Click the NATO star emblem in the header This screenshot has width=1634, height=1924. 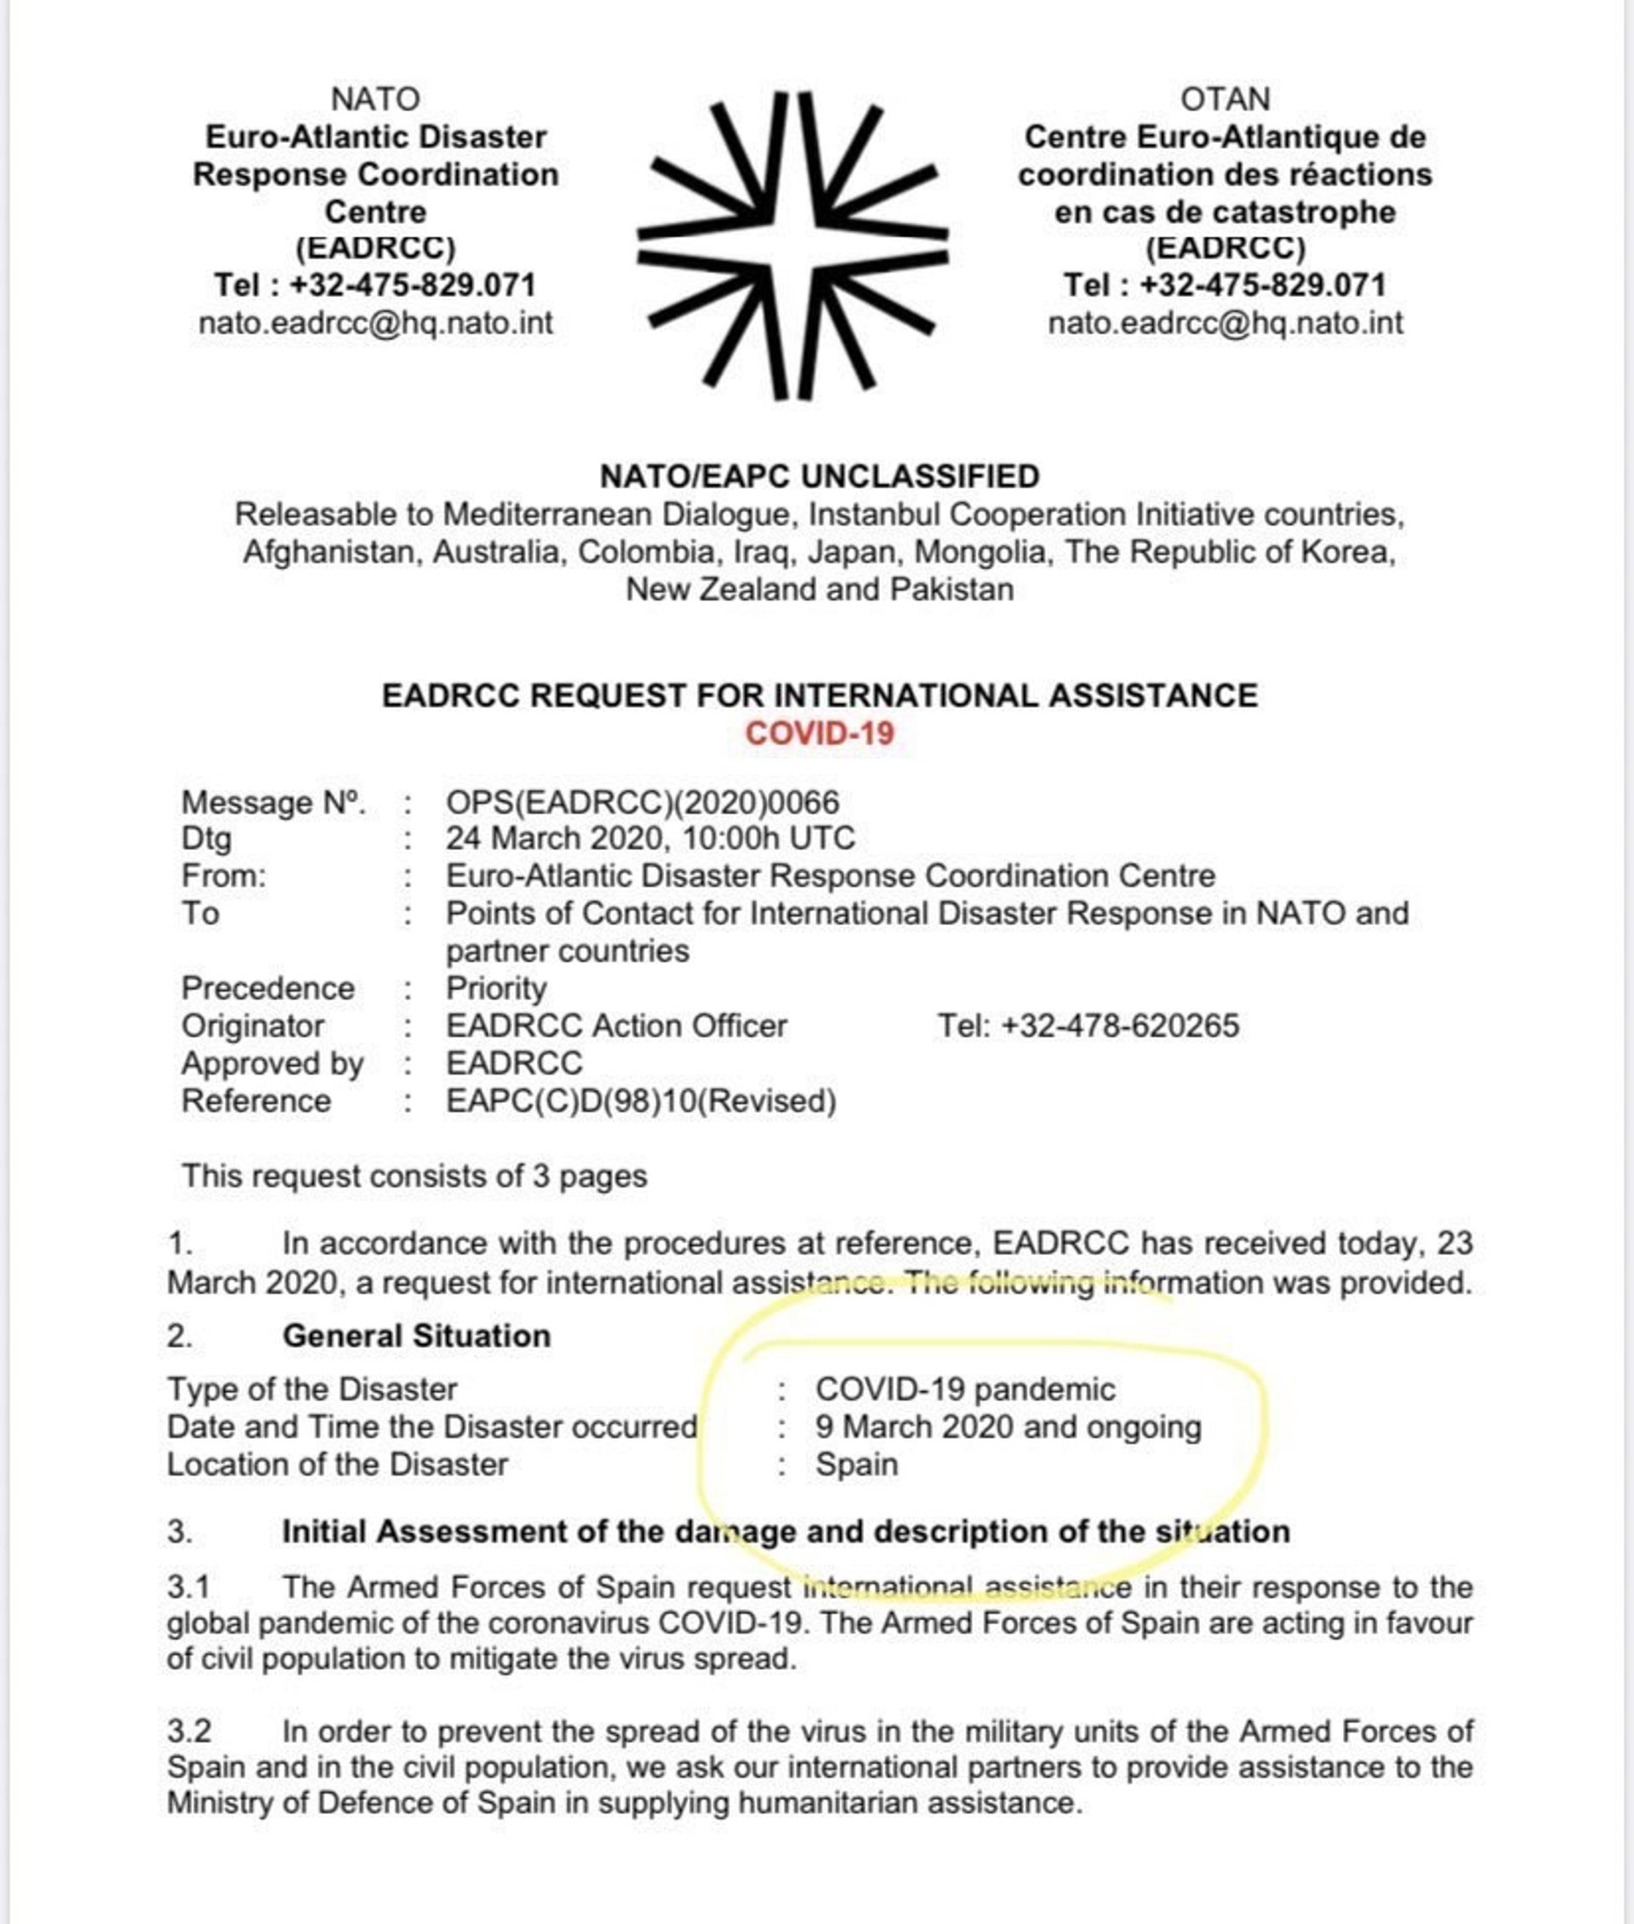click(x=792, y=244)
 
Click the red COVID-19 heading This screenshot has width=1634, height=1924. click(x=819, y=733)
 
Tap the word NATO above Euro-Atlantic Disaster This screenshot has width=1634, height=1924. click(x=375, y=98)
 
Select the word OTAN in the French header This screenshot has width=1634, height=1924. click(x=1225, y=98)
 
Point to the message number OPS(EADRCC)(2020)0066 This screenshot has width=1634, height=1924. click(x=642, y=802)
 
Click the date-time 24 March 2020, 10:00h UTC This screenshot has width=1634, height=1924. click(x=650, y=838)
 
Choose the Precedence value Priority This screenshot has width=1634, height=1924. click(x=496, y=989)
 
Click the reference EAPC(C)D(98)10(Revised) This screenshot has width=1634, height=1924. click(x=641, y=1100)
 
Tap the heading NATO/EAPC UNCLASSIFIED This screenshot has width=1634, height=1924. click(x=819, y=477)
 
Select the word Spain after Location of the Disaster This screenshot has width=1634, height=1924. click(x=857, y=1464)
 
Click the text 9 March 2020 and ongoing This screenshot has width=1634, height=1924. click(x=1008, y=1426)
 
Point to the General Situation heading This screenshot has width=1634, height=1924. click(x=416, y=1336)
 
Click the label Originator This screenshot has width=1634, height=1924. click(x=253, y=1025)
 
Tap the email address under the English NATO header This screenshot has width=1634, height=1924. click(x=375, y=323)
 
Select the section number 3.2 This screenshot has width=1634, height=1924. click(x=189, y=1732)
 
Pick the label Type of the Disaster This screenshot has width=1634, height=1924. click(x=312, y=1390)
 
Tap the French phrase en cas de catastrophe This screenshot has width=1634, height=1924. click(x=1225, y=212)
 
